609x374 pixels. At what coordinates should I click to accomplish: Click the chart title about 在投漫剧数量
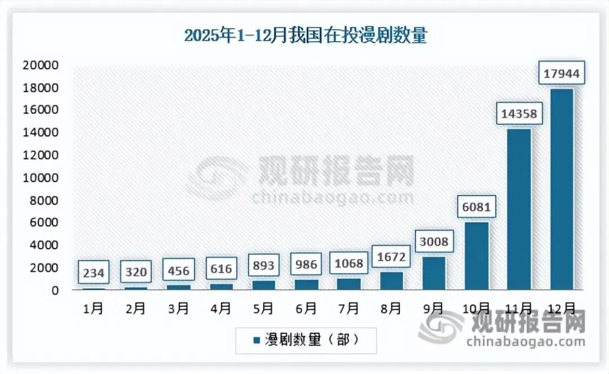pos(306,36)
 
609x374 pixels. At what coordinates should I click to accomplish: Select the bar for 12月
pos(562,189)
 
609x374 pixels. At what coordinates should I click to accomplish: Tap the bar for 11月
pos(519,209)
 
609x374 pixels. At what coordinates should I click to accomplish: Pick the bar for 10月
pos(476,256)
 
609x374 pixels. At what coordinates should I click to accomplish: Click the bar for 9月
pos(434,273)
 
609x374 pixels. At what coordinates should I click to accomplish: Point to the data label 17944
pos(562,73)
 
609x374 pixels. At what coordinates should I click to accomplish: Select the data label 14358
pos(519,115)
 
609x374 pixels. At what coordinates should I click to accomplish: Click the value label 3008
pos(434,243)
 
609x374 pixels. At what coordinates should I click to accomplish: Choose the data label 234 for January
pos(93,273)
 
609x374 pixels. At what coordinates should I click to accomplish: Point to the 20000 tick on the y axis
pos(40,65)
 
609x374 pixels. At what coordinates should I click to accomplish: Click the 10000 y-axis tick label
pos(40,178)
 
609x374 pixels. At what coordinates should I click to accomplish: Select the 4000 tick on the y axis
pos(43,245)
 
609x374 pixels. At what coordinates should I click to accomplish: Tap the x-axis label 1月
pos(93,309)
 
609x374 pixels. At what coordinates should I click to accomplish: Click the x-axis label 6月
pos(306,309)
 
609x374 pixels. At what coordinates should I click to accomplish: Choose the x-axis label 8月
pos(391,309)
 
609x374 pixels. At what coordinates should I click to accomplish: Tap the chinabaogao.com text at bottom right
pos(526,342)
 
